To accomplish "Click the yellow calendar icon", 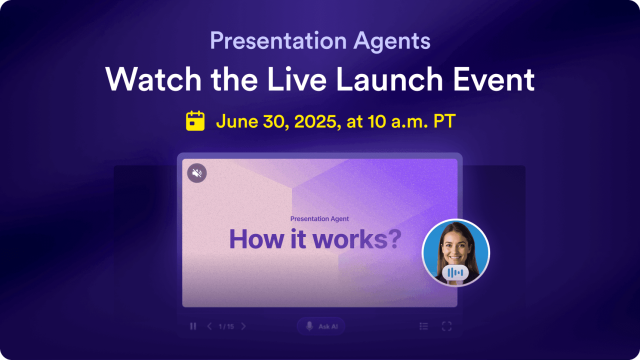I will (x=196, y=121).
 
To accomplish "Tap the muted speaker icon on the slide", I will (x=197, y=173).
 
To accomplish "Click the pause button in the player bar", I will (x=193, y=326).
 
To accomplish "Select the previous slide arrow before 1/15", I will (x=209, y=326).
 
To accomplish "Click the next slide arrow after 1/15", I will (x=243, y=326).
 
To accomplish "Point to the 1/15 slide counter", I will (x=226, y=326).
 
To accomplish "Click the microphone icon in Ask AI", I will (x=309, y=326).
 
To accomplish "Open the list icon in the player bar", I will (x=424, y=326).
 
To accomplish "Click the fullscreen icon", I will (x=446, y=326).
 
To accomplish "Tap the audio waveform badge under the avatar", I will (x=455, y=273).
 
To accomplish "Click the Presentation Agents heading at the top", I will (x=320, y=42).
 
